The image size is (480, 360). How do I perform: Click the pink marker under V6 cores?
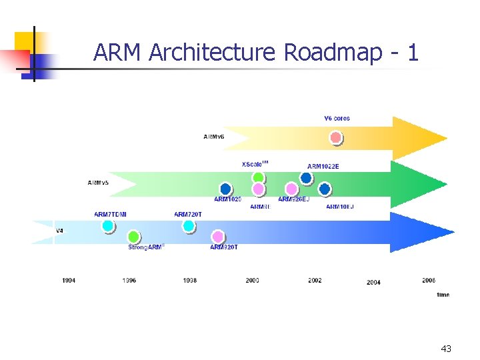coord(336,138)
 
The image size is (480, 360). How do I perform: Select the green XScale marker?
coord(258,177)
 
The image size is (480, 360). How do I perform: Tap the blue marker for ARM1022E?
coord(306,178)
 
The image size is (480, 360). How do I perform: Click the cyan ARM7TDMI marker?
coord(108,226)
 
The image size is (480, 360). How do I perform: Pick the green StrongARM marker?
coord(133,237)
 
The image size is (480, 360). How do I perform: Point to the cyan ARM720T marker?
coord(189,226)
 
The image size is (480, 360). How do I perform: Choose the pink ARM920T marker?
coord(217,237)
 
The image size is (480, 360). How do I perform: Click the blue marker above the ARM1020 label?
coord(225,189)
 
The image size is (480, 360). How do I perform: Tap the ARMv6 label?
coord(214,137)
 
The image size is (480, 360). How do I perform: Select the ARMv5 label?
coord(99,182)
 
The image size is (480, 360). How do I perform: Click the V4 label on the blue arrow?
coord(59,231)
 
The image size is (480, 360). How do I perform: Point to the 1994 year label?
coord(69,281)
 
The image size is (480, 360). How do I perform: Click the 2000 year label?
coord(252,281)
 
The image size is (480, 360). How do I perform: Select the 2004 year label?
coord(373,283)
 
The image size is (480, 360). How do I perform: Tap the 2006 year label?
coord(429,281)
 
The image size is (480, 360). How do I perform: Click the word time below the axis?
coord(443,295)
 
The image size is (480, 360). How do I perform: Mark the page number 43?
coord(446,349)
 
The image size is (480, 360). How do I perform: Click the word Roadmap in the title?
coord(333,52)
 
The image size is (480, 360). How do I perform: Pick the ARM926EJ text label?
coord(293,199)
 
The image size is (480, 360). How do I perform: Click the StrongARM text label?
coord(146,247)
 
